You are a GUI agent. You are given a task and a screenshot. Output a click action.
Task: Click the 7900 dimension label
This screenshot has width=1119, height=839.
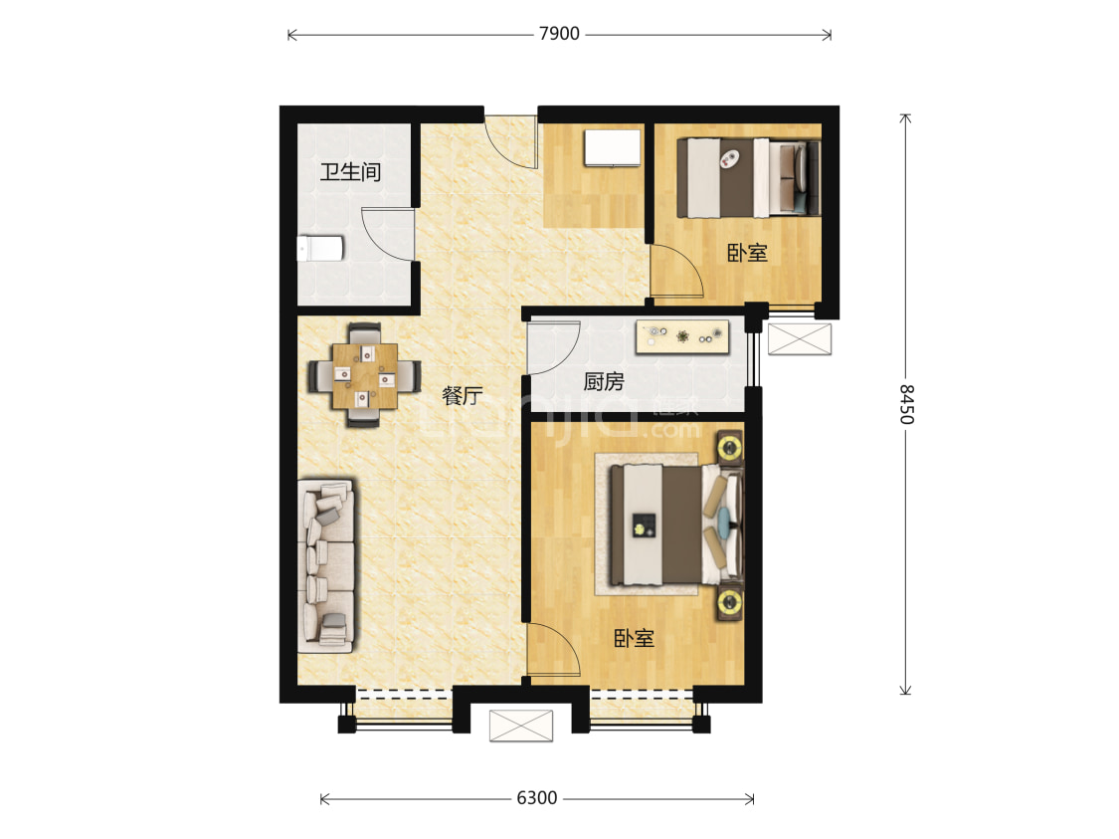click(x=559, y=34)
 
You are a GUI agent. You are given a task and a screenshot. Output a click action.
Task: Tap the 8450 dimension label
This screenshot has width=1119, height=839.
click(x=906, y=404)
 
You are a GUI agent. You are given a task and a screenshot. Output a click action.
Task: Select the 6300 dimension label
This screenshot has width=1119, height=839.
click(x=537, y=797)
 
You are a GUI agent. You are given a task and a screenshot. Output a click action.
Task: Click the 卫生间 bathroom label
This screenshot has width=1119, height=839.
click(x=350, y=171)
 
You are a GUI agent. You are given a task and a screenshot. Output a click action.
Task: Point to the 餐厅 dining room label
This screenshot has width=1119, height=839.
click(x=463, y=395)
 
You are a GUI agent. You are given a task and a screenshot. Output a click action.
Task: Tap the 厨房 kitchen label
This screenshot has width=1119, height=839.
click(x=604, y=381)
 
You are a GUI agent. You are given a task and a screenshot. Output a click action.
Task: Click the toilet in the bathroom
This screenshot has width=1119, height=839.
click(x=320, y=249)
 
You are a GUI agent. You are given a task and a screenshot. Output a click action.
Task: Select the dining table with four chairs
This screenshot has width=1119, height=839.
click(x=365, y=375)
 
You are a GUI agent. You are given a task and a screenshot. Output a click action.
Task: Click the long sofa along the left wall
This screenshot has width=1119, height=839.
click(x=326, y=565)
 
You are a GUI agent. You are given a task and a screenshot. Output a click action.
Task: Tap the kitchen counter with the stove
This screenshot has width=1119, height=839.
click(x=683, y=336)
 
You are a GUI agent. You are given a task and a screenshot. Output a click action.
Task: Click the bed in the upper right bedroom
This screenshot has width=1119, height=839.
click(x=749, y=178)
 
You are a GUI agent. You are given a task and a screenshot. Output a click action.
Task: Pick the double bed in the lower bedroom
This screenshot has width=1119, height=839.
click(x=675, y=524)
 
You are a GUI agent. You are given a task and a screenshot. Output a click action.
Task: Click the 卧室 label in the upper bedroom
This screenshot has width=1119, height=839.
click(x=747, y=252)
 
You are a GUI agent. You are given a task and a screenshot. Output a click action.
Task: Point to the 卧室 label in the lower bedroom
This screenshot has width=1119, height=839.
click(x=634, y=638)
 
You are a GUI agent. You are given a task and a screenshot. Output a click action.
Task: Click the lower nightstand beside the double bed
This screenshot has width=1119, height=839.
click(x=730, y=603)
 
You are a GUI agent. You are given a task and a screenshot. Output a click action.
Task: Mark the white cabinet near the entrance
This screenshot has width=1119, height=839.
click(x=613, y=148)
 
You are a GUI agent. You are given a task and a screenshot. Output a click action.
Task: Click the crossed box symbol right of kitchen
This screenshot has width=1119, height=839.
click(x=800, y=339)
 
